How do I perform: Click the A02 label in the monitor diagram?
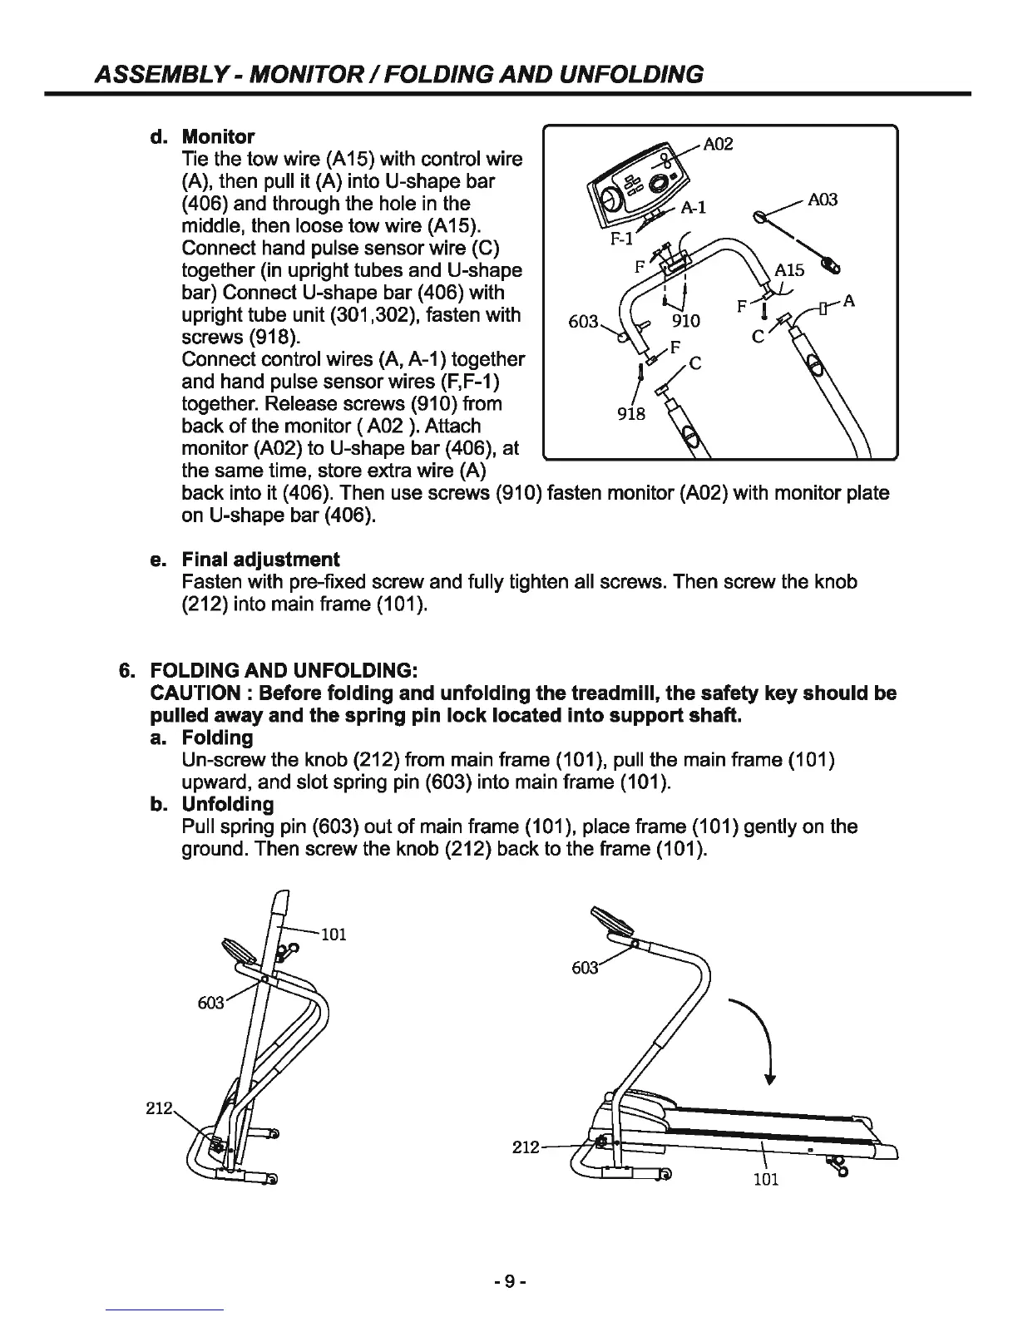(x=718, y=145)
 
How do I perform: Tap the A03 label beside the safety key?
(x=823, y=200)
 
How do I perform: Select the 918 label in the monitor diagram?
(x=631, y=413)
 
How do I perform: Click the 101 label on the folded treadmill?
(x=333, y=934)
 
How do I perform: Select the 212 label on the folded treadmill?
(x=159, y=1108)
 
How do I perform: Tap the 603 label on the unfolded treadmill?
(x=585, y=968)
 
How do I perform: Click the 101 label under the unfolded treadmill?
(x=765, y=1179)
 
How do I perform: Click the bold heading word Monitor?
(x=218, y=136)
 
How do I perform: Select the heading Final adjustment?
(x=260, y=560)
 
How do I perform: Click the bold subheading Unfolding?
(x=227, y=805)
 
